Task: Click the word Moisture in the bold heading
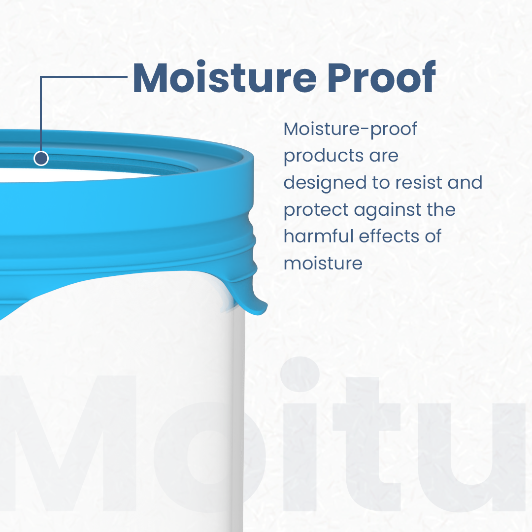224,77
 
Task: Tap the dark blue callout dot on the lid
41,159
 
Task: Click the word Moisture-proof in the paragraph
351,129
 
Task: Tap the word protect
316,210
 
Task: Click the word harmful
318,236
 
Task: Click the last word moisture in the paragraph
323,263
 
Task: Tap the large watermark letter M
68,443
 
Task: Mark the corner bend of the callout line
41,77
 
